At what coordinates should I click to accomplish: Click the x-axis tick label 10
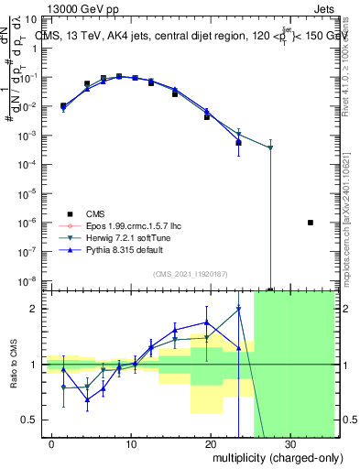pos(132,443)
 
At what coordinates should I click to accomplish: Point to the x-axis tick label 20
pos(211,443)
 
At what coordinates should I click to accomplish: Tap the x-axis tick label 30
pos(289,443)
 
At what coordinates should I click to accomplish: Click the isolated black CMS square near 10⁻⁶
pos(311,223)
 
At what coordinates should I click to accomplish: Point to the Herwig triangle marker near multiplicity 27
pos(270,147)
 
